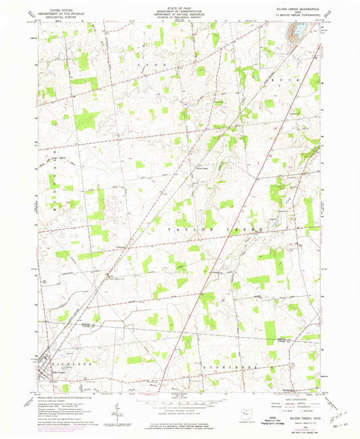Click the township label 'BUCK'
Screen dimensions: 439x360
click(282, 79)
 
